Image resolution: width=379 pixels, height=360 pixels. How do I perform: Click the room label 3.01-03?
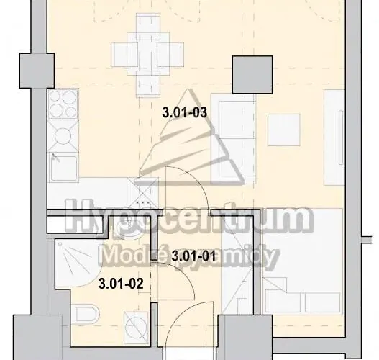click(x=185, y=113)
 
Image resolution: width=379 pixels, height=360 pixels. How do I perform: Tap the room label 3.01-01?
click(x=193, y=256)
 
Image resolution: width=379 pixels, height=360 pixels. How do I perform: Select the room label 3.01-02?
click(x=121, y=284)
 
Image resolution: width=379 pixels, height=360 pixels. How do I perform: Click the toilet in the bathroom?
click(x=86, y=314)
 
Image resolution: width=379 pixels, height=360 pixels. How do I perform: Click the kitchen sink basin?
click(x=64, y=168)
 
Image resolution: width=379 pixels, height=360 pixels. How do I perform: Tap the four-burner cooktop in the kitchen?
click(x=63, y=104)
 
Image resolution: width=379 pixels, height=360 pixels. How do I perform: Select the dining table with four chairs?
click(x=147, y=55)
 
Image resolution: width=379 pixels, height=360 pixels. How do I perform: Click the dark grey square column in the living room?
click(x=252, y=74)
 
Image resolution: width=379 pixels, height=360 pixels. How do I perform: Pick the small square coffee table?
click(x=284, y=130)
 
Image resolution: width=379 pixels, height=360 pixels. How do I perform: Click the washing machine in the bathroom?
click(x=136, y=328)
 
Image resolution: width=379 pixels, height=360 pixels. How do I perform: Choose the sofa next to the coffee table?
click(x=233, y=139)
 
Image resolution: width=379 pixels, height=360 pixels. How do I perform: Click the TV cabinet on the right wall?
click(x=334, y=138)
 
